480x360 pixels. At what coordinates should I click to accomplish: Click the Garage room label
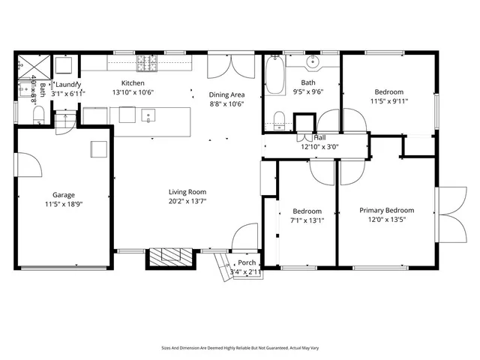63,193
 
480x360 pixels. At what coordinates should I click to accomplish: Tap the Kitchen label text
133,83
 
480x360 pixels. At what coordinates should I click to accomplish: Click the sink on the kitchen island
148,115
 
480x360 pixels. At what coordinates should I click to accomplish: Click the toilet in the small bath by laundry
39,115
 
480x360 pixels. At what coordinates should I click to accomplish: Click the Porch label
247,262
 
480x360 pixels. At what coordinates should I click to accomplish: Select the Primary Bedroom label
386,211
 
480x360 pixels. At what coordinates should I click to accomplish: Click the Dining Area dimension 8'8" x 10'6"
226,104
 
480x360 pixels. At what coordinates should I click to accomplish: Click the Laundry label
68,85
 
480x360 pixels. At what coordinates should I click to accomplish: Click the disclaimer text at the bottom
239,348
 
